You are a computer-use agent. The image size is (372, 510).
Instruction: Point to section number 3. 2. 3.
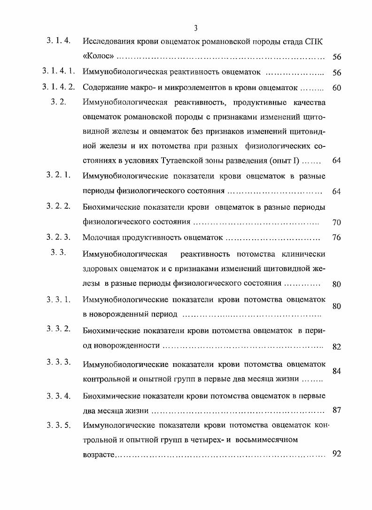coord(58,237)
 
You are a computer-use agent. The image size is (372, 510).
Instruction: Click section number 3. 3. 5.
coord(58,426)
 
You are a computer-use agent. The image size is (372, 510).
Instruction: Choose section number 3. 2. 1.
coord(58,175)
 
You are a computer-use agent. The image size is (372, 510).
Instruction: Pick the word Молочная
coord(101,237)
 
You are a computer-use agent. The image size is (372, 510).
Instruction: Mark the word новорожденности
coord(121,346)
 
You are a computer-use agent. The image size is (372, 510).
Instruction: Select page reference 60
coord(336,88)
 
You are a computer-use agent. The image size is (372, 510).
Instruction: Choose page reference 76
coord(336,238)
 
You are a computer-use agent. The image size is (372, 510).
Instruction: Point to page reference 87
coord(336,410)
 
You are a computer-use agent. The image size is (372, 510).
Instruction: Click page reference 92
coord(336,454)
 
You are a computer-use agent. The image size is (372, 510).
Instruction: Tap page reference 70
coord(336,222)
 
